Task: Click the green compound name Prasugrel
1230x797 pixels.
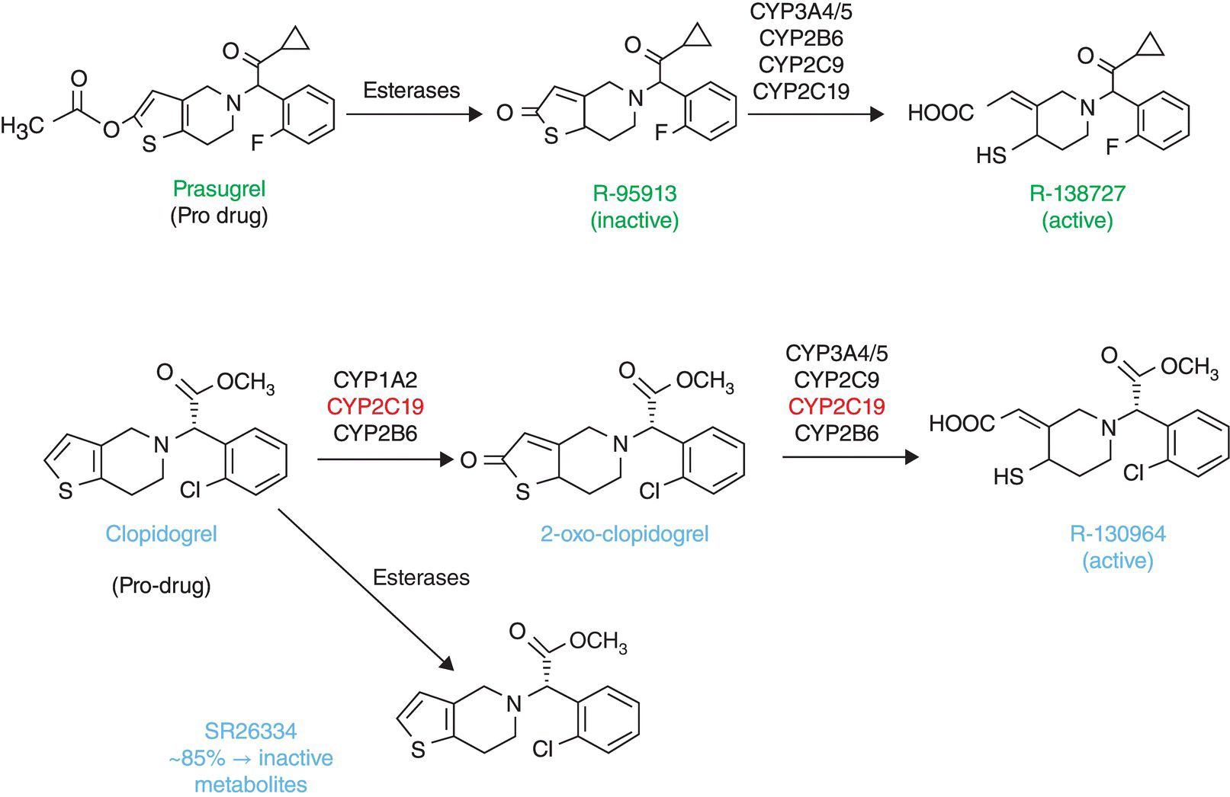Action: click(x=219, y=188)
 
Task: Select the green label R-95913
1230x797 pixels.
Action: click(x=634, y=194)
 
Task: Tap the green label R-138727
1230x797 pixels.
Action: click(x=1077, y=194)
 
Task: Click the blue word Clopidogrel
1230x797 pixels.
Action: click(x=161, y=533)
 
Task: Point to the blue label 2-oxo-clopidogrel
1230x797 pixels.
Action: click(x=625, y=533)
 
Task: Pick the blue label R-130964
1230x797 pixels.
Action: click(x=1117, y=533)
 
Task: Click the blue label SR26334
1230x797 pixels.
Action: click(x=250, y=731)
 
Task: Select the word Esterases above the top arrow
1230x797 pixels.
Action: click(x=411, y=90)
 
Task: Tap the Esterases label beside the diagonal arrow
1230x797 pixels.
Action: click(x=421, y=578)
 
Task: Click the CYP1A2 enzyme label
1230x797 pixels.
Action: click(x=375, y=380)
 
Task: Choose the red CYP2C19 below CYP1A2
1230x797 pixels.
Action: click(x=375, y=407)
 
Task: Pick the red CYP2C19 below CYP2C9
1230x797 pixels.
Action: click(x=837, y=405)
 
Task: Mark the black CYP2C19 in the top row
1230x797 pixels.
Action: click(x=801, y=91)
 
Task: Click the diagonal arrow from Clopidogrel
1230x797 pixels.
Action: click(x=366, y=591)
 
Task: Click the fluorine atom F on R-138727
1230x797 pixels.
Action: click(x=1113, y=146)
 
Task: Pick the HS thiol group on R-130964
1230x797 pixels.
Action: click(x=1009, y=477)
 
